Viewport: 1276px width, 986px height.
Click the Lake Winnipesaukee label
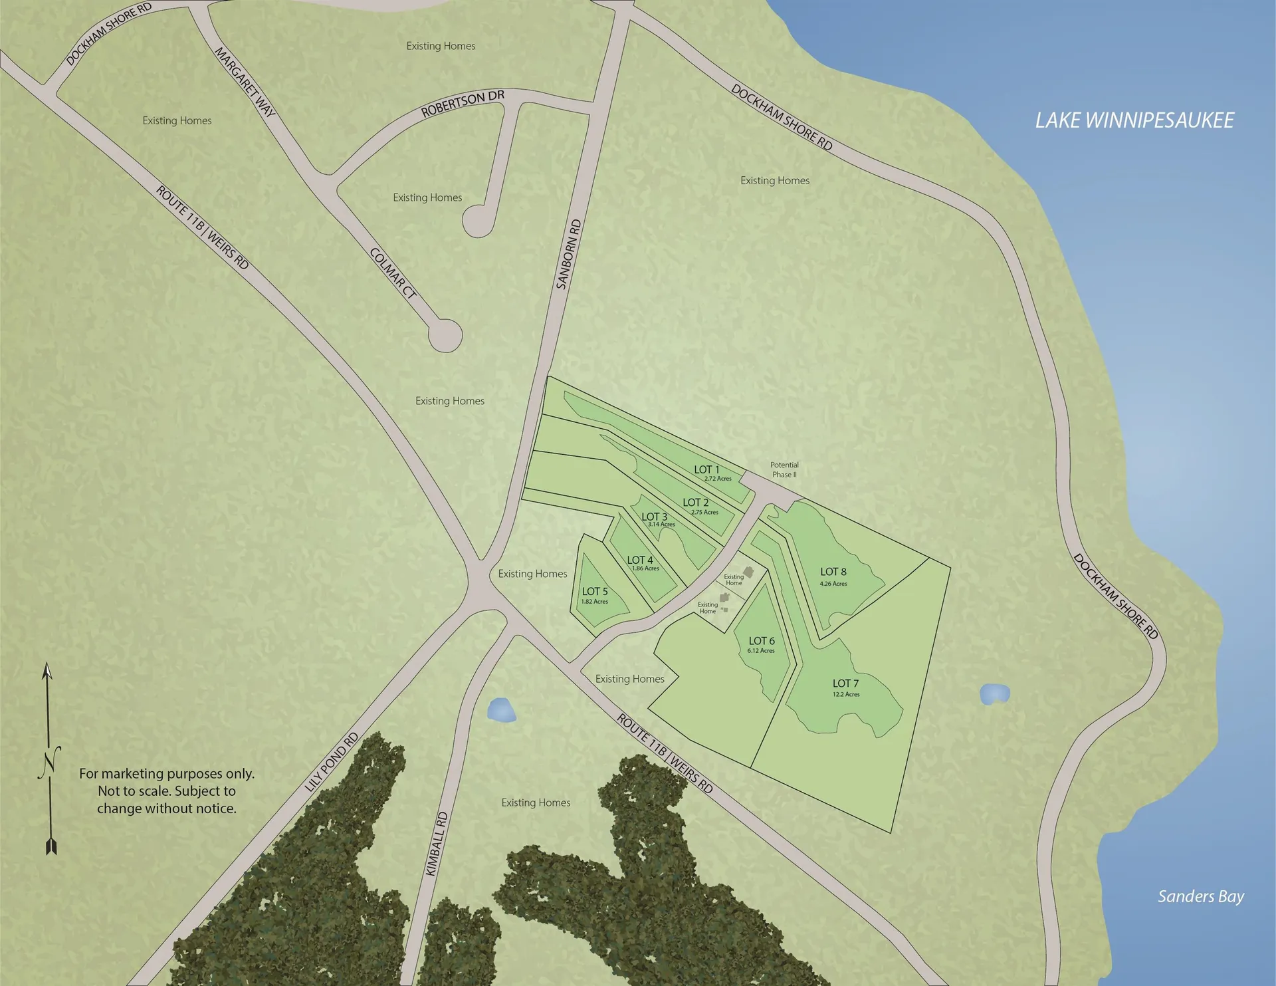pyautogui.click(x=1134, y=120)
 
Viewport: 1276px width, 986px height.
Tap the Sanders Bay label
pyautogui.click(x=1200, y=896)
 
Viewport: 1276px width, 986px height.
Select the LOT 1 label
pyautogui.click(x=706, y=469)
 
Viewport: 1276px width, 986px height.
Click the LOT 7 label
pyautogui.click(x=845, y=683)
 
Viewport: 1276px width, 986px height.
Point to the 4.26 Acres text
pyautogui.click(x=833, y=584)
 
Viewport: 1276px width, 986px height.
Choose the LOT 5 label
pyautogui.click(x=595, y=591)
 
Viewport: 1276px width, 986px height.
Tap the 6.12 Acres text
pyautogui.click(x=761, y=651)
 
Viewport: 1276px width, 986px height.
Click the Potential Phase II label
pyautogui.click(x=784, y=469)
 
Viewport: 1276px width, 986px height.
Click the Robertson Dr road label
pyautogui.click(x=463, y=104)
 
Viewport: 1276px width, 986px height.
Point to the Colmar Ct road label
pyautogui.click(x=393, y=273)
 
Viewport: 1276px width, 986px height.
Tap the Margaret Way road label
pyautogui.click(x=245, y=81)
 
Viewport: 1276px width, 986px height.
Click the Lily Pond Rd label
pyautogui.click(x=332, y=762)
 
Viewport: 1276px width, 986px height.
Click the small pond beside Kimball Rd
pyautogui.click(x=501, y=710)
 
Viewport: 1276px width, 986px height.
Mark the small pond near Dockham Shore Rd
pyautogui.click(x=994, y=693)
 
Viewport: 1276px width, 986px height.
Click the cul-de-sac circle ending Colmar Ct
pyautogui.click(x=445, y=336)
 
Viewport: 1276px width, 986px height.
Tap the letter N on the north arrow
pyautogui.click(x=49, y=762)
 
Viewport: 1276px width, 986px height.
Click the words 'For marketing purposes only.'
pyautogui.click(x=167, y=773)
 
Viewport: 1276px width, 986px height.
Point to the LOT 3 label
pyautogui.click(x=654, y=517)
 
